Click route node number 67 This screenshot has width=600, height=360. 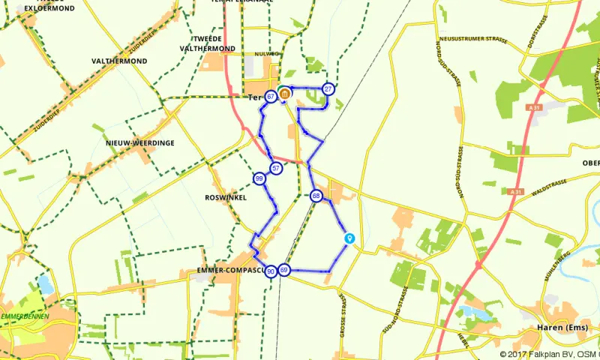click(270, 96)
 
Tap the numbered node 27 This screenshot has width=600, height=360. click(328, 89)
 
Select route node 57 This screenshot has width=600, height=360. click(277, 169)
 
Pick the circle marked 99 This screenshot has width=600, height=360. click(259, 179)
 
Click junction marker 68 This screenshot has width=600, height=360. click(316, 196)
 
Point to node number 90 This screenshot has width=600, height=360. click(271, 271)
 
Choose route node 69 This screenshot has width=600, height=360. click(284, 270)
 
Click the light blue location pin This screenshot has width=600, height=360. click(349, 238)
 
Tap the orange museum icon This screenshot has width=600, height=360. click(285, 93)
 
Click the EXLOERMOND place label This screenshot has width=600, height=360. click(49, 8)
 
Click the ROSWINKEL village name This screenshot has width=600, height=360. click(225, 198)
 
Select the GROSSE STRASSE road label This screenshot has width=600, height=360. click(341, 315)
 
